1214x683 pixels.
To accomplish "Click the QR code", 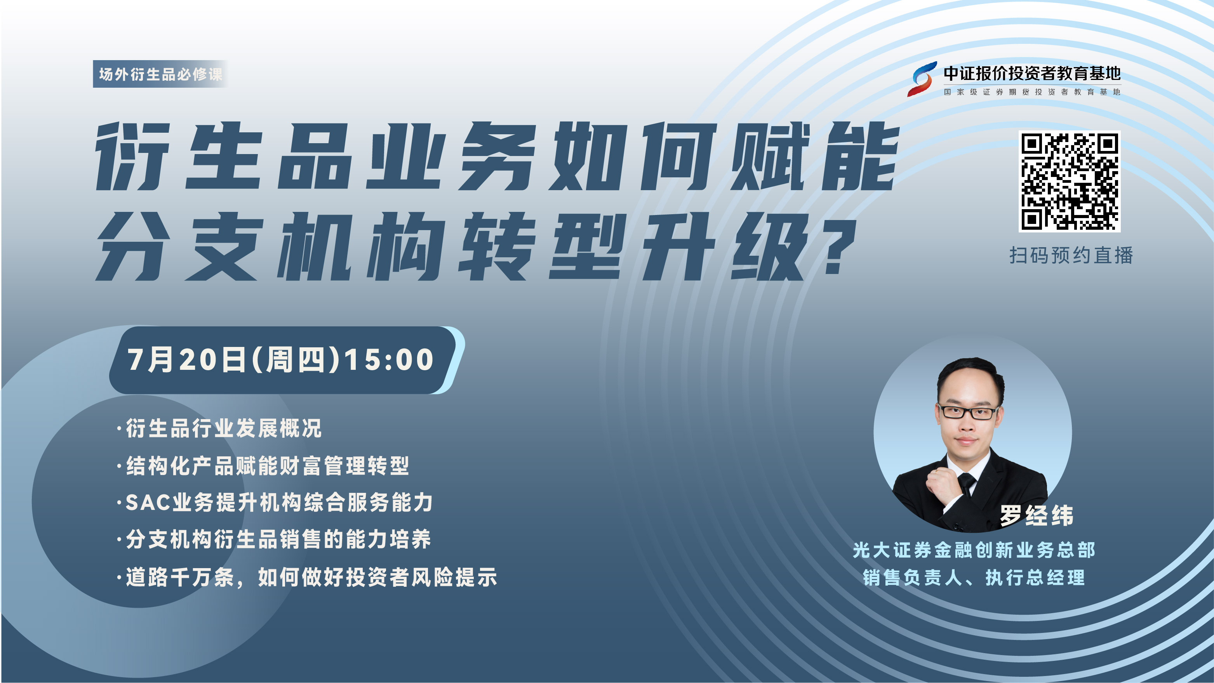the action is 1069,181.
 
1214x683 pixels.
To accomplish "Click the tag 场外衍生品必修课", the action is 161,74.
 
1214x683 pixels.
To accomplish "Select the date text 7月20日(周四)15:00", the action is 281,360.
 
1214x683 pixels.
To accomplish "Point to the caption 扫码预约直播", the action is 1071,255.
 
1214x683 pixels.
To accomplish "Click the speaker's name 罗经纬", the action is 1037,515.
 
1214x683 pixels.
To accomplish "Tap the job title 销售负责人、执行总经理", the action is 974,577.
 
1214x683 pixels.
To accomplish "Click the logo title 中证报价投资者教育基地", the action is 1031,73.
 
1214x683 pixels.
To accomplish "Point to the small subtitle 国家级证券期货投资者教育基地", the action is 1031,92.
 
